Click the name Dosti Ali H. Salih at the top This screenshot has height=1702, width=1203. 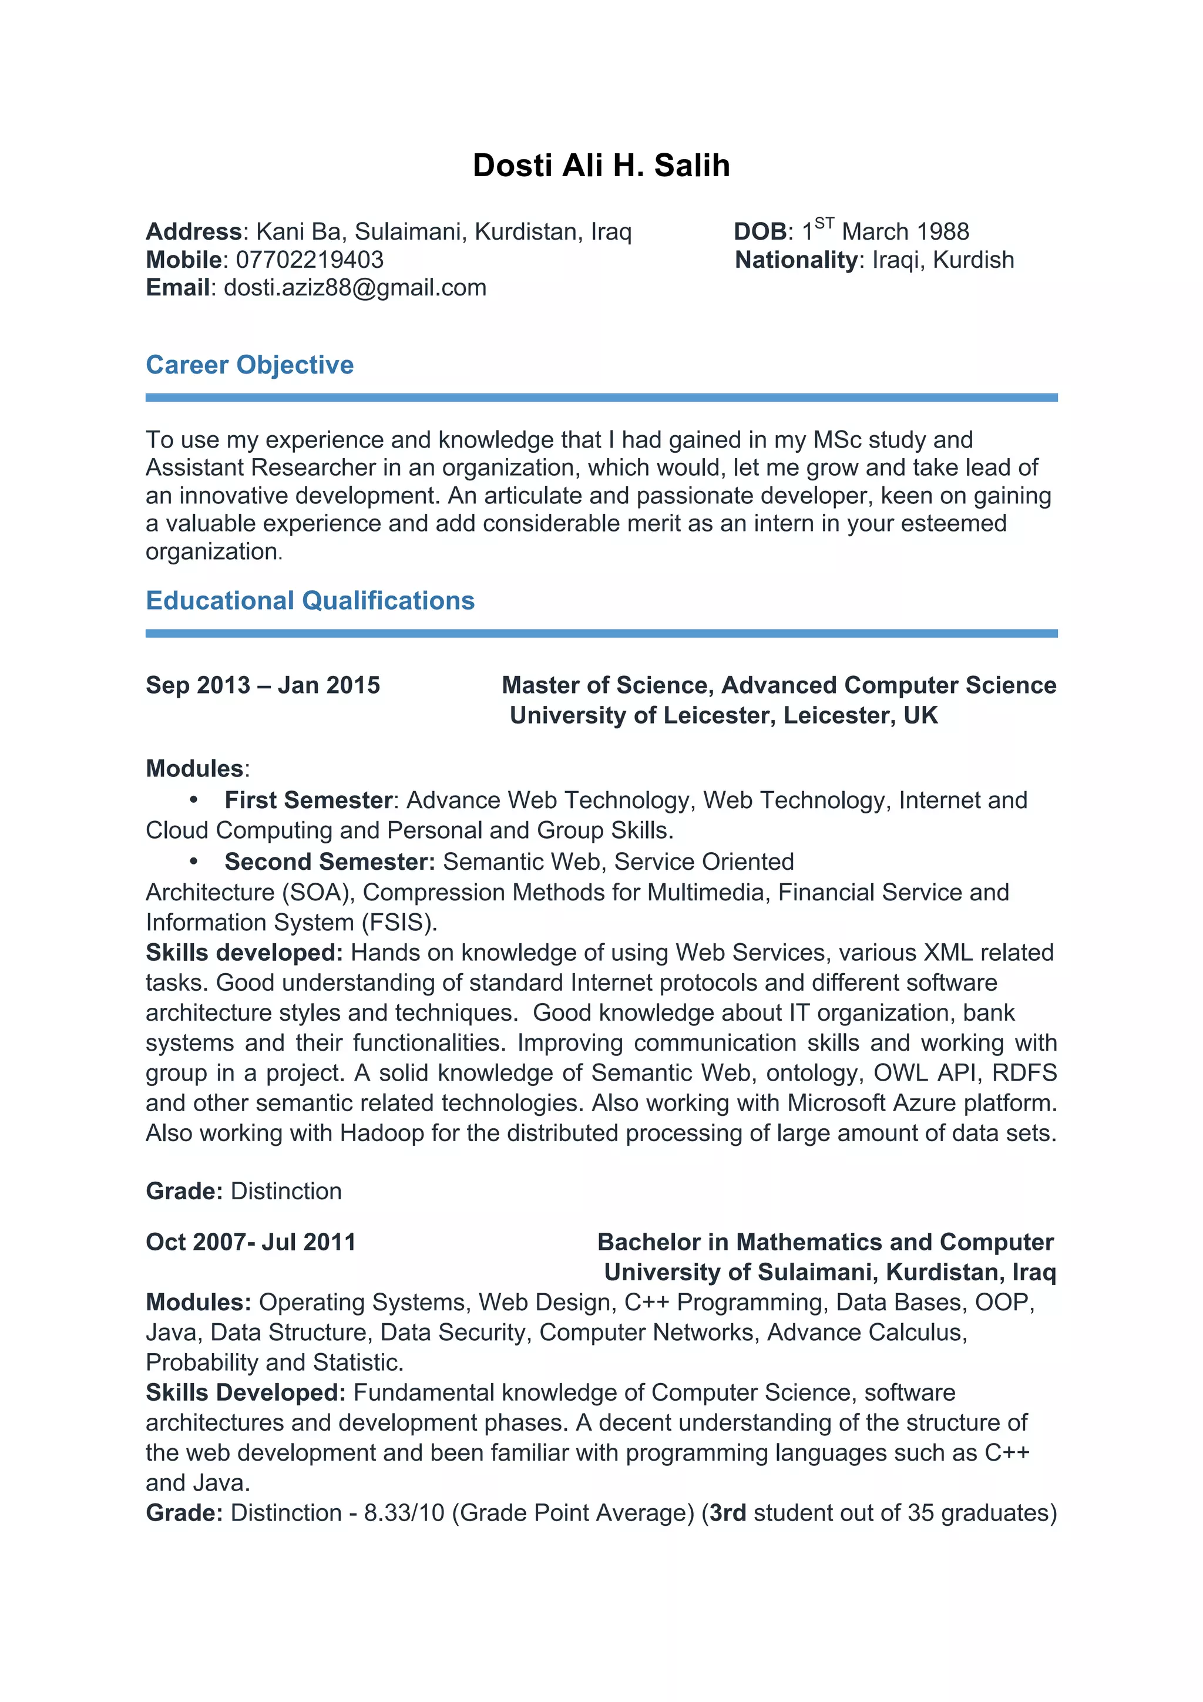point(601,165)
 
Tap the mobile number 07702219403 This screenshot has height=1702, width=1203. point(309,260)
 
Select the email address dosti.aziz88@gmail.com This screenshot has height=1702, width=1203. point(355,288)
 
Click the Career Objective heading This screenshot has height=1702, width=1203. point(250,365)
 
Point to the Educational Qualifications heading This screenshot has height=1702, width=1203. point(310,600)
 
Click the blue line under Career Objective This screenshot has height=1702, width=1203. point(601,398)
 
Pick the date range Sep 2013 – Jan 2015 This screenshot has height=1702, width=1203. point(263,685)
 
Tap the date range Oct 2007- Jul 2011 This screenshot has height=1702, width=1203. point(251,1242)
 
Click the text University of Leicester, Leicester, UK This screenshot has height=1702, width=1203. point(724,715)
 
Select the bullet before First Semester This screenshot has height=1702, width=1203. point(193,800)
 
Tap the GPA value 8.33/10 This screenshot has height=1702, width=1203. point(404,1513)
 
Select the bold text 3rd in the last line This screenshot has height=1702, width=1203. point(727,1513)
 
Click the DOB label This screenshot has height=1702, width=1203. point(760,232)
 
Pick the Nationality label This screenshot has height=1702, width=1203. point(795,260)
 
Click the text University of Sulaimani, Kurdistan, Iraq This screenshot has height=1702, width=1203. point(829,1272)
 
